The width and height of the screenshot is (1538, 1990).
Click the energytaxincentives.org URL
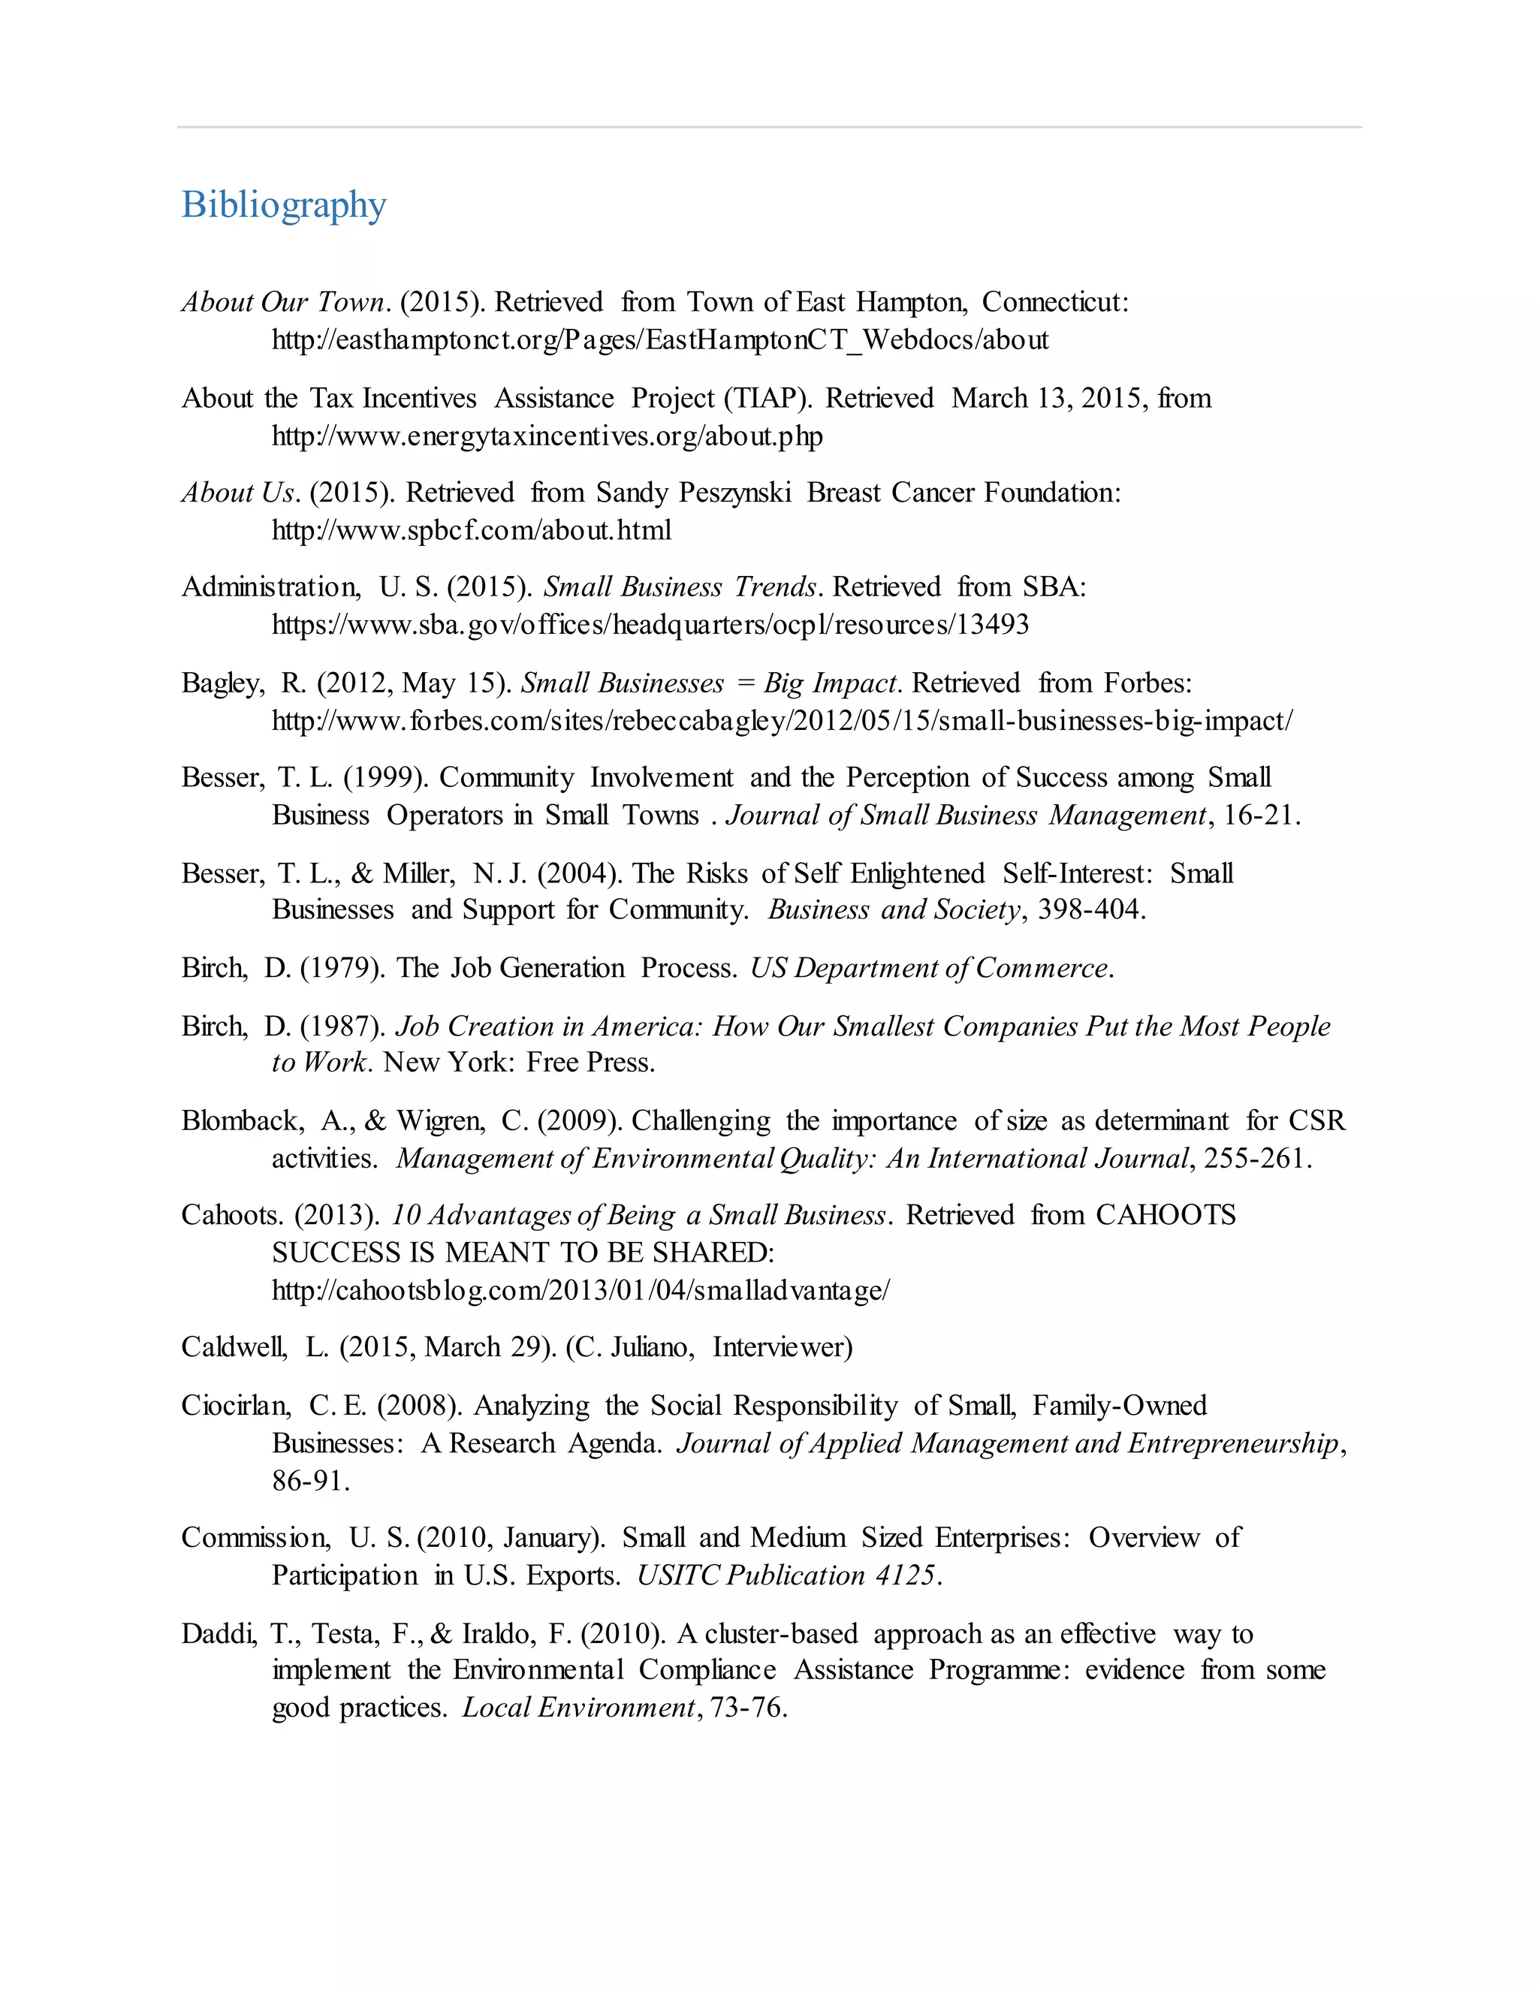(x=547, y=436)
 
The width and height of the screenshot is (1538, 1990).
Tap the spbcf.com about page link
(x=471, y=530)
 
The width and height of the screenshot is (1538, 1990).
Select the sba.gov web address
(x=650, y=625)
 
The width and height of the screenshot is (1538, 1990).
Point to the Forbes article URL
(x=781, y=721)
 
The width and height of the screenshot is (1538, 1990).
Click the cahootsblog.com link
(x=581, y=1290)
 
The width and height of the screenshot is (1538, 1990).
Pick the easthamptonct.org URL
(x=659, y=341)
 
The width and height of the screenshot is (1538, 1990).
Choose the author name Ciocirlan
(x=235, y=1406)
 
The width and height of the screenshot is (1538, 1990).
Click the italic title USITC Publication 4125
(x=787, y=1575)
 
